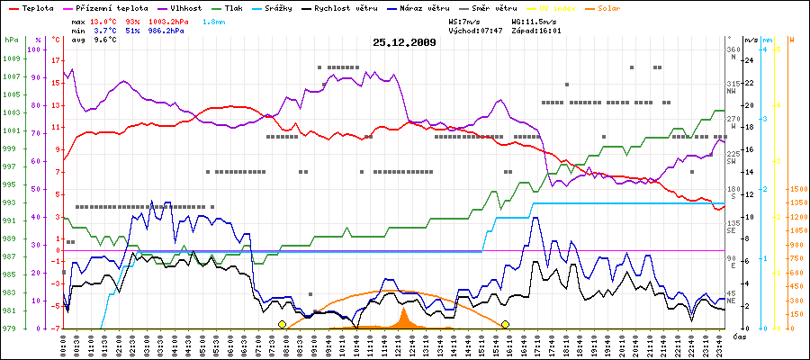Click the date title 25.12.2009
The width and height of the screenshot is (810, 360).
click(x=404, y=41)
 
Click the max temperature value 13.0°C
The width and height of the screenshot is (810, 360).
click(x=105, y=20)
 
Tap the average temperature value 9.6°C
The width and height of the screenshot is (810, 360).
click(x=107, y=40)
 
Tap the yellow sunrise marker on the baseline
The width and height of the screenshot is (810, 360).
click(x=282, y=324)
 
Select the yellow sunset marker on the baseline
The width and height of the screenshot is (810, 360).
click(x=506, y=324)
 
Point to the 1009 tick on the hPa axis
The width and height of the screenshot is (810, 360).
click(x=10, y=59)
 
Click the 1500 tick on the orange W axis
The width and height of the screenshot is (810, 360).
click(x=797, y=190)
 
